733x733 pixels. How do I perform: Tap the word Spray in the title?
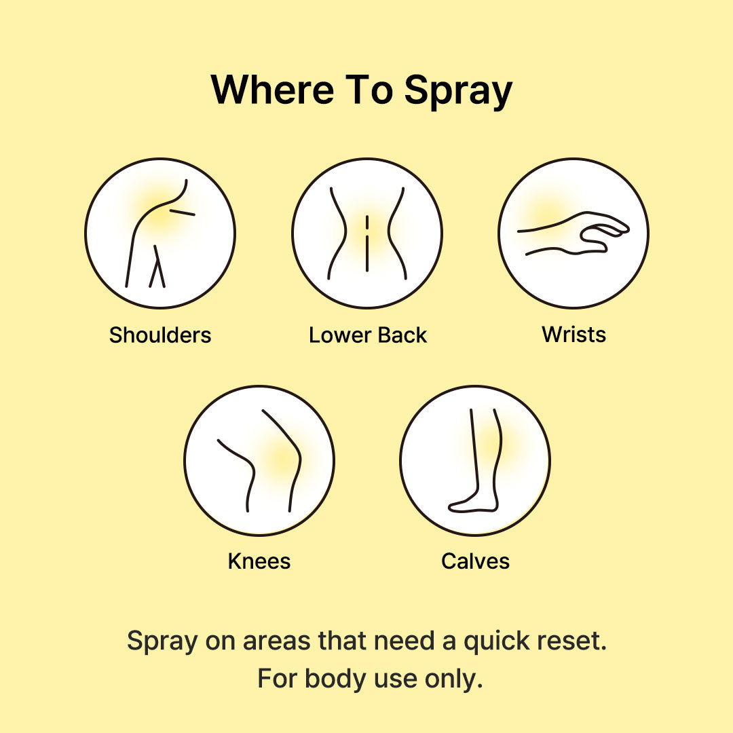tap(458, 92)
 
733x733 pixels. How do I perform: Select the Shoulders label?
tap(160, 335)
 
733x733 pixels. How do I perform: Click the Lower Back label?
tap(367, 335)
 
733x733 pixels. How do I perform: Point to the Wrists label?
tap(574, 334)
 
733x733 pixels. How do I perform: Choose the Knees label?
tap(259, 561)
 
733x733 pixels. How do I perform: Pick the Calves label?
tap(475, 561)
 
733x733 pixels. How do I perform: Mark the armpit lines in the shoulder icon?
tap(157, 267)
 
